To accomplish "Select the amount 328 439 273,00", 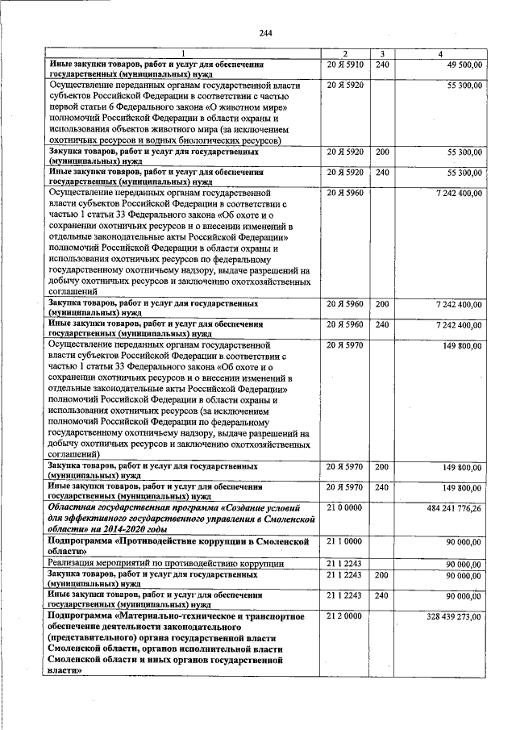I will click(456, 616).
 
